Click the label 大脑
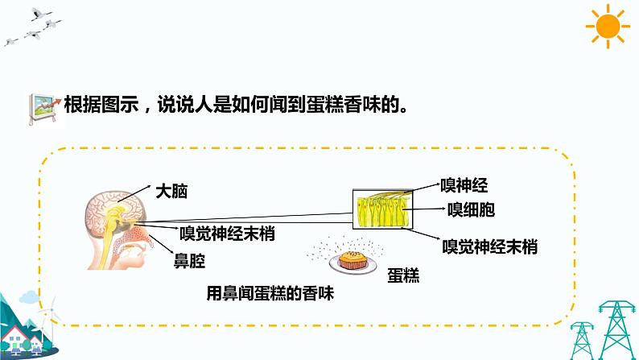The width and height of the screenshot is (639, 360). pyautogui.click(x=170, y=192)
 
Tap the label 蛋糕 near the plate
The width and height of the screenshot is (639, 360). pyautogui.click(x=403, y=274)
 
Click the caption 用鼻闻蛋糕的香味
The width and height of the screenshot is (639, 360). pyautogui.click(x=270, y=294)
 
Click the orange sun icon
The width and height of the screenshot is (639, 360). pyautogui.click(x=608, y=27)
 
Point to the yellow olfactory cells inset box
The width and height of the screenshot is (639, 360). pyautogui.click(x=382, y=207)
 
